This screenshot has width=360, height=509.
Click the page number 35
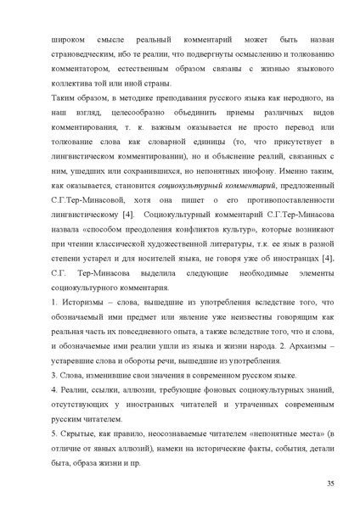329,484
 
